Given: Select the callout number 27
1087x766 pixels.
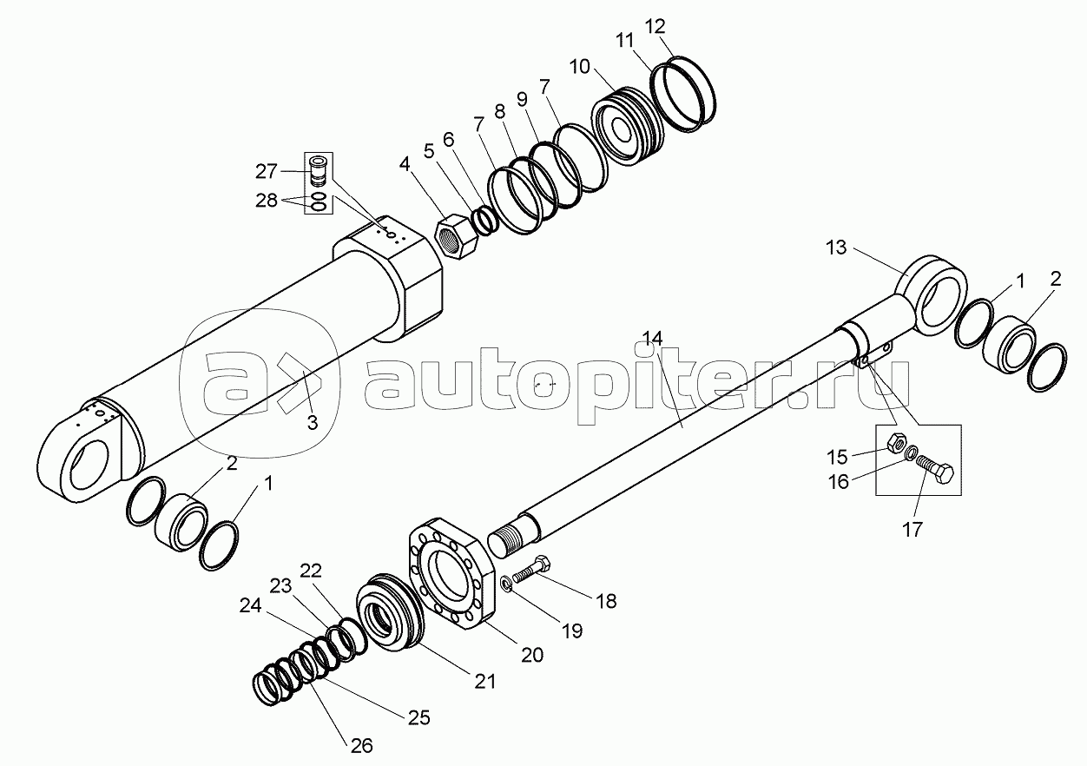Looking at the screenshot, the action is [267, 171].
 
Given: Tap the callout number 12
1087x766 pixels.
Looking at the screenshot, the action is [655, 27].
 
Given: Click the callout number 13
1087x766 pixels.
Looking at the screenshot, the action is [835, 248].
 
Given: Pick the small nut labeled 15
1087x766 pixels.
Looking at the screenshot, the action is [894, 442].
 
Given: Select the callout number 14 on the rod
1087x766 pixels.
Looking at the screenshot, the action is [653, 339].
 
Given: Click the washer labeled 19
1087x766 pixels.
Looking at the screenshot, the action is [505, 584].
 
